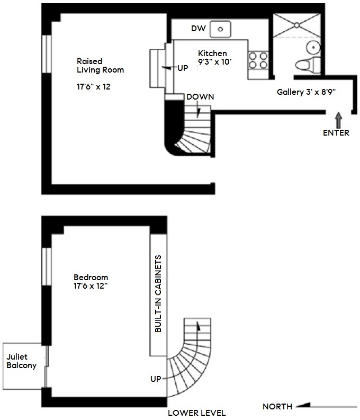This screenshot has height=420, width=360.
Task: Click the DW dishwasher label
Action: pyautogui.click(x=198, y=28)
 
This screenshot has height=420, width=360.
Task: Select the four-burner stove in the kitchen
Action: pyautogui.click(x=258, y=59)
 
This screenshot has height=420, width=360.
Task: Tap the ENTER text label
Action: pyautogui.click(x=336, y=132)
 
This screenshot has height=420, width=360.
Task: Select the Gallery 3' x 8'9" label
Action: pyautogui.click(x=307, y=92)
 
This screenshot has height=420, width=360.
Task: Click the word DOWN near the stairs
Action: pyautogui.click(x=200, y=97)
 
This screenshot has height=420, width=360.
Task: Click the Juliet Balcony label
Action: pyautogui.click(x=21, y=360)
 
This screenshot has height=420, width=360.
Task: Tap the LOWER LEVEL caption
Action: pyautogui.click(x=197, y=413)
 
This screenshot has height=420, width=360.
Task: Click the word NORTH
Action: pyautogui.click(x=277, y=407)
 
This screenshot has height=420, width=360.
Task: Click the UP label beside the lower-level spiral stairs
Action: pyautogui.click(x=156, y=379)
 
